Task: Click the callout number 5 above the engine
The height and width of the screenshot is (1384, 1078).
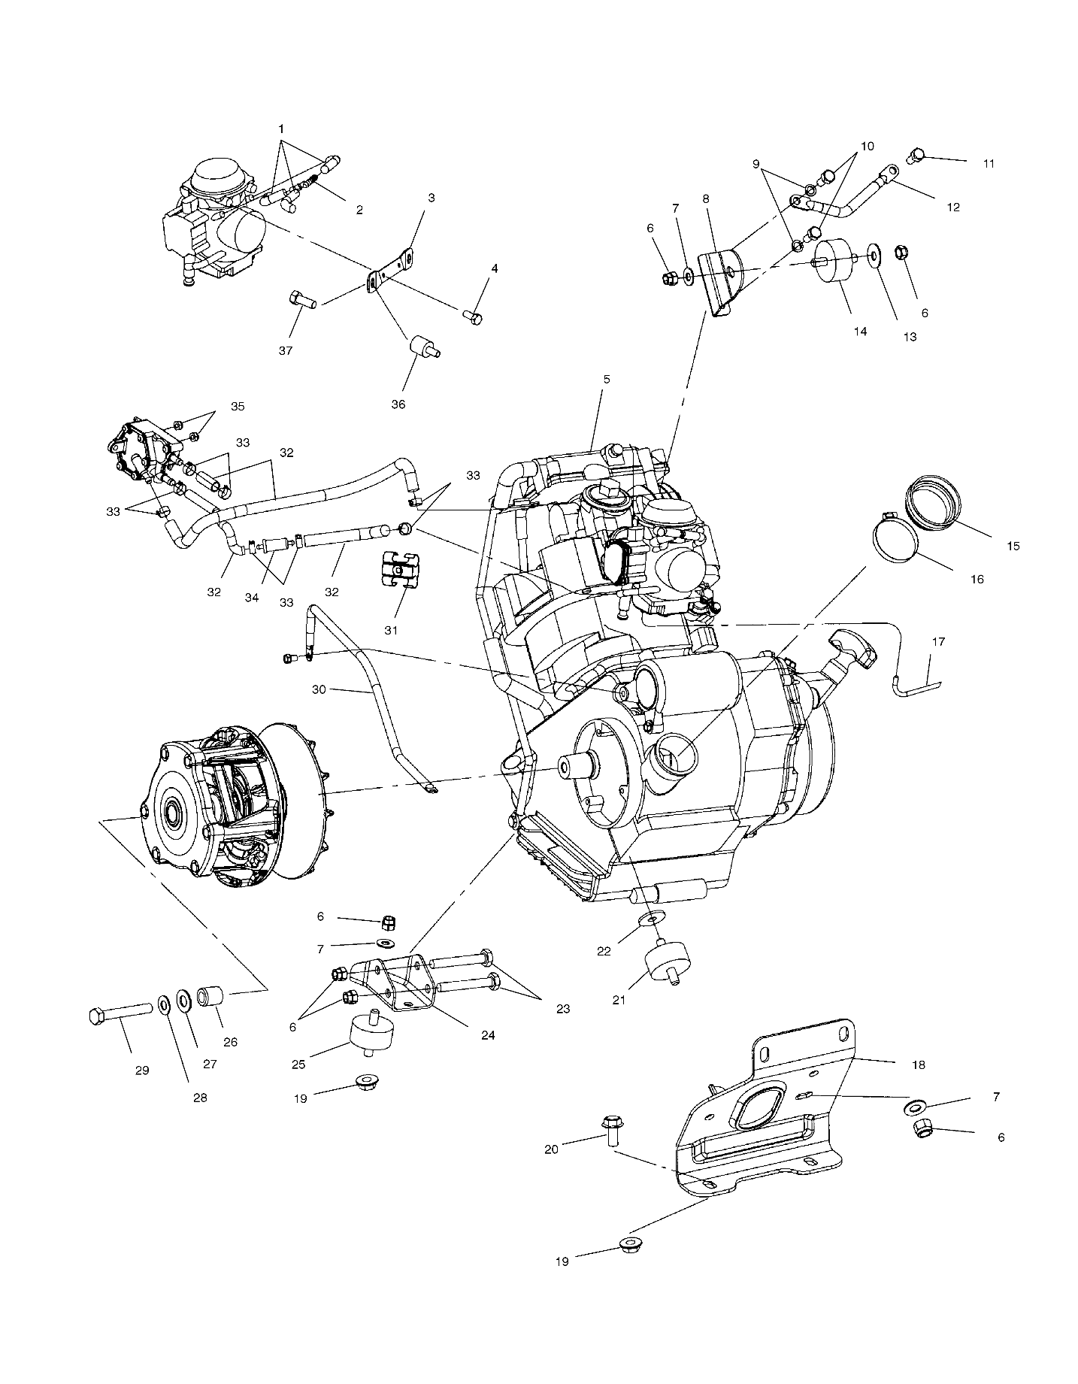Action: click(x=606, y=380)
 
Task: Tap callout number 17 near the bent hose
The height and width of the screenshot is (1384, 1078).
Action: click(x=937, y=642)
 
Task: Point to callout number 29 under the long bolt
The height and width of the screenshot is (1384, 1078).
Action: click(x=142, y=1070)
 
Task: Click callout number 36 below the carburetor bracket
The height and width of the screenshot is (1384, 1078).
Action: click(x=398, y=404)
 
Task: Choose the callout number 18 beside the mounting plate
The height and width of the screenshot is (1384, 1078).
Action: click(x=918, y=1064)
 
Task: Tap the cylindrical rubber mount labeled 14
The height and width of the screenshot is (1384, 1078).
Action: click(x=834, y=262)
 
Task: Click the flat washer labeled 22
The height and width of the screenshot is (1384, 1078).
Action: click(x=653, y=919)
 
